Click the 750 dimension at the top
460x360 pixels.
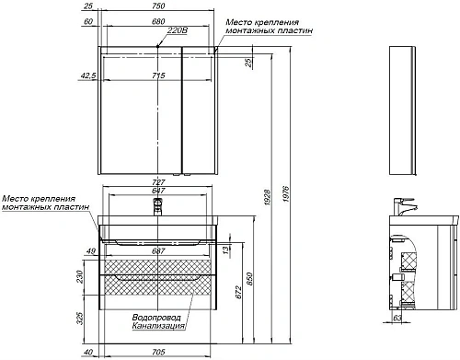[x=158, y=6]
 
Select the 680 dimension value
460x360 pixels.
[x=158, y=21]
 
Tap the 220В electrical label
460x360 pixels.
[x=178, y=30]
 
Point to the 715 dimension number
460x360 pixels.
[x=158, y=75]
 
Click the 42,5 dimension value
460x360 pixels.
[x=88, y=75]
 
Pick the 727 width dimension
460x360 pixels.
[x=158, y=182]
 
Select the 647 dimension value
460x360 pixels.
[x=158, y=191]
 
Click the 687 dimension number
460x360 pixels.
[x=158, y=251]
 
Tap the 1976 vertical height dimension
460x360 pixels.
[x=286, y=194]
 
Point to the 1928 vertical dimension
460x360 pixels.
[x=268, y=198]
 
